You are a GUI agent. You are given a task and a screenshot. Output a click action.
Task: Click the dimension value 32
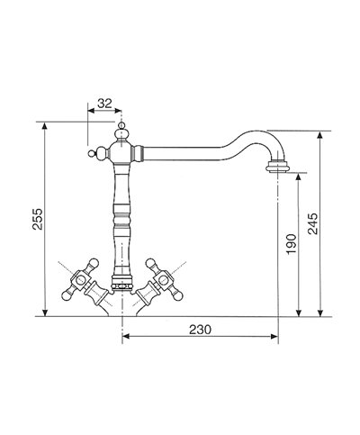[104, 104]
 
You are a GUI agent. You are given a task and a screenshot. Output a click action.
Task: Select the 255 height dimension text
[38, 219]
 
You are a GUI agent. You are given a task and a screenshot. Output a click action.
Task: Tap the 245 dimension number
[312, 223]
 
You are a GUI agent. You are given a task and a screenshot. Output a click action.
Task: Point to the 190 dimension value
[291, 244]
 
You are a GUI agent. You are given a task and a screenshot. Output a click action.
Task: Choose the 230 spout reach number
[200, 330]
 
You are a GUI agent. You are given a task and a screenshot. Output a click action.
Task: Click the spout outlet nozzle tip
[278, 167]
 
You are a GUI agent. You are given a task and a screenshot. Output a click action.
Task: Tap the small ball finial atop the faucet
[121, 125]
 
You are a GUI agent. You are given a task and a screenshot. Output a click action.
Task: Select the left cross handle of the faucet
[80, 280]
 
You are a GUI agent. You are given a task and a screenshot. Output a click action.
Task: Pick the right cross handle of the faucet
[163, 280]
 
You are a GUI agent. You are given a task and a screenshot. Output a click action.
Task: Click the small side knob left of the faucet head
[91, 154]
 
